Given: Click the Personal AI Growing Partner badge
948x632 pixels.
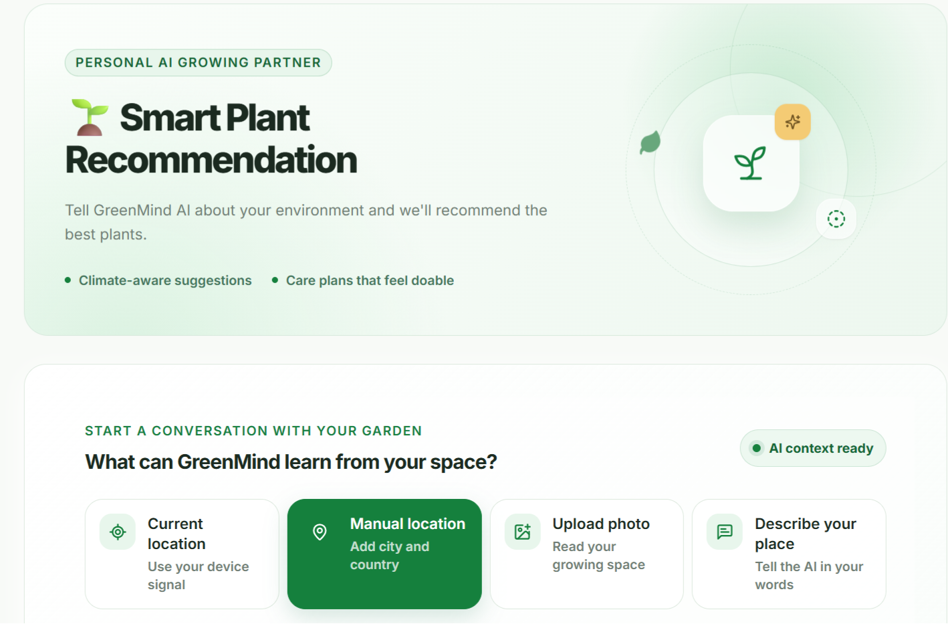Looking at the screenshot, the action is click(x=198, y=63).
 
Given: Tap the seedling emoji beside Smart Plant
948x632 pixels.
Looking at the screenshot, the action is click(x=90, y=117).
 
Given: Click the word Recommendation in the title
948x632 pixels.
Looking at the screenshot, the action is click(x=211, y=160).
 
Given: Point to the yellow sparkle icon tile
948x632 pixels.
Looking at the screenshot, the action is click(x=793, y=122).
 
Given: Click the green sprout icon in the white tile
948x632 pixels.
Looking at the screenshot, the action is click(x=750, y=163).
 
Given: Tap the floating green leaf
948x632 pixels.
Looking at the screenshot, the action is click(x=650, y=142).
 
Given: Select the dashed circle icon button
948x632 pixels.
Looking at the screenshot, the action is click(x=836, y=219).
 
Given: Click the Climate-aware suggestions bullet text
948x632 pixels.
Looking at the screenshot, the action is click(x=165, y=280).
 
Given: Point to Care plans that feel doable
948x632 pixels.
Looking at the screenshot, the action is click(x=370, y=280).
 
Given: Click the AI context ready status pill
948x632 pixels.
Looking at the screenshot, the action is click(x=812, y=448).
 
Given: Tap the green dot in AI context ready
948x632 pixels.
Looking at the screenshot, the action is click(x=757, y=448).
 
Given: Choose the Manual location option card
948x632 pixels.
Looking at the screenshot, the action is click(x=384, y=554).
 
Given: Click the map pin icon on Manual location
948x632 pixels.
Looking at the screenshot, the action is click(x=320, y=532).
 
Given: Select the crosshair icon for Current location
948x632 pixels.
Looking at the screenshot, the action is click(x=118, y=532).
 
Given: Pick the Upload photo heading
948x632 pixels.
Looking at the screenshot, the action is click(x=601, y=524).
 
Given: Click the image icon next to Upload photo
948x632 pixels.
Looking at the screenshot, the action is click(x=522, y=532).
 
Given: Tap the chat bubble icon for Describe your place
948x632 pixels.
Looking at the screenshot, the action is click(x=725, y=532).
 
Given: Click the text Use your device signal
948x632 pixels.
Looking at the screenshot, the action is click(x=198, y=576).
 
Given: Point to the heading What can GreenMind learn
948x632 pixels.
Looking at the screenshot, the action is click(x=291, y=462).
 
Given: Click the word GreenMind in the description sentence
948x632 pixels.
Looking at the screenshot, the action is click(x=133, y=211).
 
